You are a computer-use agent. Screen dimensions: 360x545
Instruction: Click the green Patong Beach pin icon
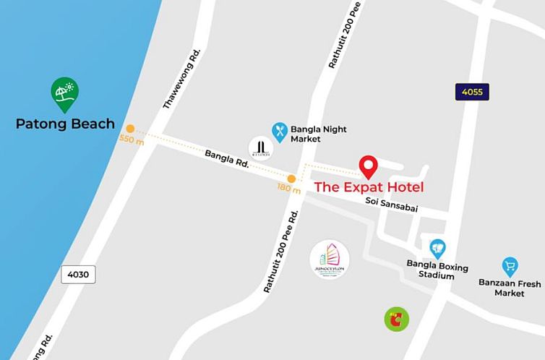[65, 93]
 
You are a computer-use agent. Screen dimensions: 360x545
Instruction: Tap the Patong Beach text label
[65, 124]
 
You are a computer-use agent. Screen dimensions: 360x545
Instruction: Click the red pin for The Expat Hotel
[369, 167]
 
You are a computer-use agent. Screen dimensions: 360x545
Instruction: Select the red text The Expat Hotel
[369, 187]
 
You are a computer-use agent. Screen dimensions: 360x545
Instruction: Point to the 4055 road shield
[473, 91]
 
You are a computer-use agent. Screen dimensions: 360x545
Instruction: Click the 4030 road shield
[78, 275]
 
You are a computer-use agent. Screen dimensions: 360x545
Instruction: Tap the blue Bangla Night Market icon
[280, 131]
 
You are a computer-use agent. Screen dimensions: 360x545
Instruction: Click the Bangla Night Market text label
[318, 134]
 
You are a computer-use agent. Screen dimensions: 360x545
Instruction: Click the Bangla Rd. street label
[227, 159]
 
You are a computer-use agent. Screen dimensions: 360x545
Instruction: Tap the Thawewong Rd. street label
[181, 80]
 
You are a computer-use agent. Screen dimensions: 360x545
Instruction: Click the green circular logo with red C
[396, 318]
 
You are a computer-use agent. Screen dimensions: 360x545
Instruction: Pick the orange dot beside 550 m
[130, 129]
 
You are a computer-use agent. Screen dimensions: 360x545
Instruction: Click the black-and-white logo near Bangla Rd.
[260, 148]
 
